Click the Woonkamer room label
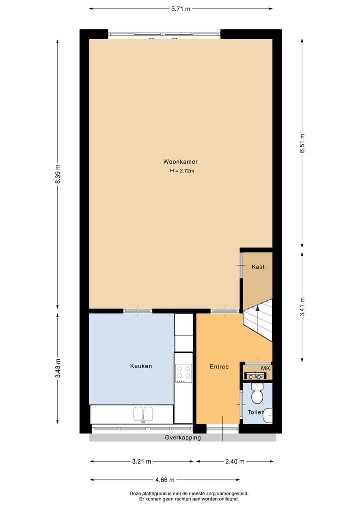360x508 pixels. tap(180, 162)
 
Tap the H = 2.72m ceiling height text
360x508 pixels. tap(182, 171)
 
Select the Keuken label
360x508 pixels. tap(141, 366)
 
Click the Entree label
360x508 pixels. tap(219, 367)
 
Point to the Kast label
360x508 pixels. tap(258, 267)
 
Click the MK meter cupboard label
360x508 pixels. tap(265, 369)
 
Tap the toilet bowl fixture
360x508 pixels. tap(257, 396)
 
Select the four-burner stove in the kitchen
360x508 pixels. tap(184, 373)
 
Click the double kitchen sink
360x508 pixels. tap(143, 414)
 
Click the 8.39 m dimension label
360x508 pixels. tap(58, 174)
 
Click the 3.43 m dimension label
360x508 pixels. tap(58, 368)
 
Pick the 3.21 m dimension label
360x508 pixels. tap(141, 461)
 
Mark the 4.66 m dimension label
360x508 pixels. tap(165, 480)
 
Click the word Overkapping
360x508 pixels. tap(183, 438)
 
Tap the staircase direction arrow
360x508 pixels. tap(258, 309)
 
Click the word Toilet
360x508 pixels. tap(255, 412)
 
